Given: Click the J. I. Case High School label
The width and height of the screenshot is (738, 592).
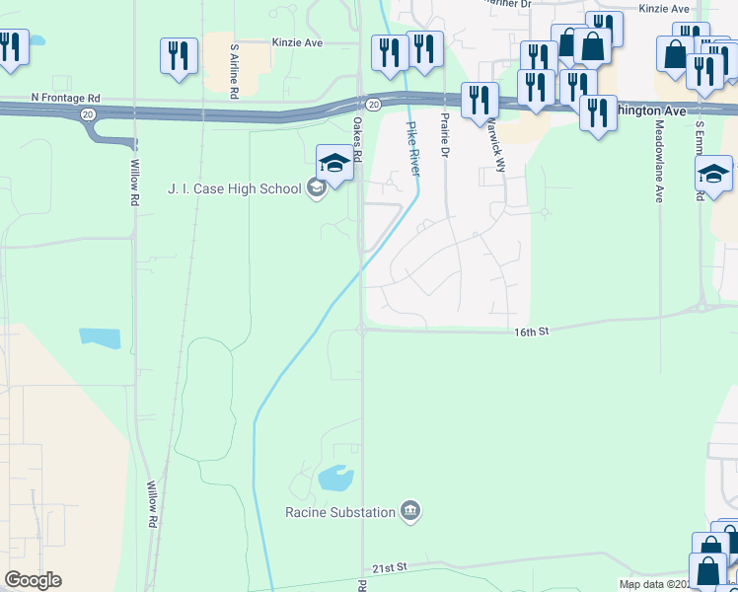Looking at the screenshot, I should click(233, 188).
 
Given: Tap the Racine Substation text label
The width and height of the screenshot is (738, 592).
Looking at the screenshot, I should click(340, 511).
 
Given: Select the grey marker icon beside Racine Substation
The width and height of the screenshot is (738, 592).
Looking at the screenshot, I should click(410, 511).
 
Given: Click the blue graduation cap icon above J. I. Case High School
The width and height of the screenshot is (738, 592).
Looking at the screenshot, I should click(334, 163).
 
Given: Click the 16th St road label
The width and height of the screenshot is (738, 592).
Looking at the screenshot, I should click(530, 333).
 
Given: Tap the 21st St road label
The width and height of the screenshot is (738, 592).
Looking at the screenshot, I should click(390, 568).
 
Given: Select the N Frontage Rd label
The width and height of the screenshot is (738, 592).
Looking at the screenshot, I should click(65, 98).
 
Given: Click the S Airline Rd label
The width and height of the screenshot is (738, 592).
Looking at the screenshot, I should click(234, 70).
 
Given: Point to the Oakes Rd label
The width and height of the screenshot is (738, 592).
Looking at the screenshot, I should click(357, 141).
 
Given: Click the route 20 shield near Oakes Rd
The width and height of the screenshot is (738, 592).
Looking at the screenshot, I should click(371, 103).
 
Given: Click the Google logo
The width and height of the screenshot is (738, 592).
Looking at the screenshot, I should click(33, 580).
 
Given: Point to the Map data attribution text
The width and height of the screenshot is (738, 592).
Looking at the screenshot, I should click(678, 584).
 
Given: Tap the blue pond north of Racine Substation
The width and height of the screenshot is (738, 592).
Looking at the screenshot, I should click(335, 479).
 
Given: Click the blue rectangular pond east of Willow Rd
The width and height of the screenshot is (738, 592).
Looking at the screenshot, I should click(100, 337).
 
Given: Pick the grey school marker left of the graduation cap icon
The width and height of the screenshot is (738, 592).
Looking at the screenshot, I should click(316, 187).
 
